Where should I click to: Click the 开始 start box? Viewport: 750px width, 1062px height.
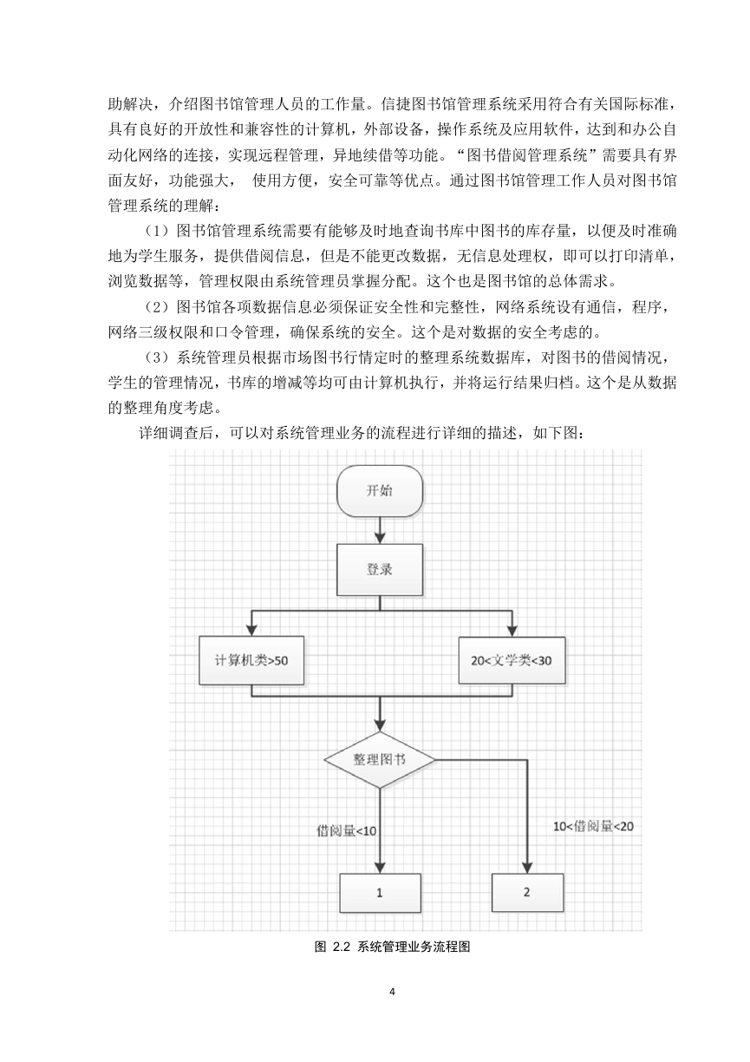[380, 491]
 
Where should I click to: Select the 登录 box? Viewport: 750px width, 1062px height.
[380, 569]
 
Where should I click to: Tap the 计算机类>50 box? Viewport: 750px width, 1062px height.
[251, 660]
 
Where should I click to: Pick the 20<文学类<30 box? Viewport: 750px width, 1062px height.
[512, 660]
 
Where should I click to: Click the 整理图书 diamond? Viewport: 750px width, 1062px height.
[380, 759]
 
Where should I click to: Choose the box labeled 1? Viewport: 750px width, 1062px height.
[380, 893]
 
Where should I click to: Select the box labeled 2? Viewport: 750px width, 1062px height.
[527, 892]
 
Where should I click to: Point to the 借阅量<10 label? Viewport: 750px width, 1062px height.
[346, 830]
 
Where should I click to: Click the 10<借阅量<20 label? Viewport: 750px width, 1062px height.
[593, 826]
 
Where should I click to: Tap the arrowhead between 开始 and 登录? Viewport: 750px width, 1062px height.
[380, 538]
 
